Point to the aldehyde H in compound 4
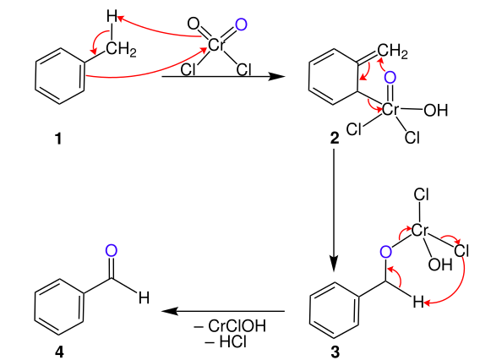144,299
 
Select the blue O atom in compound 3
386,251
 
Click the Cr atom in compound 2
391,110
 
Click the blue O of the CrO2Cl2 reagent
240,25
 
